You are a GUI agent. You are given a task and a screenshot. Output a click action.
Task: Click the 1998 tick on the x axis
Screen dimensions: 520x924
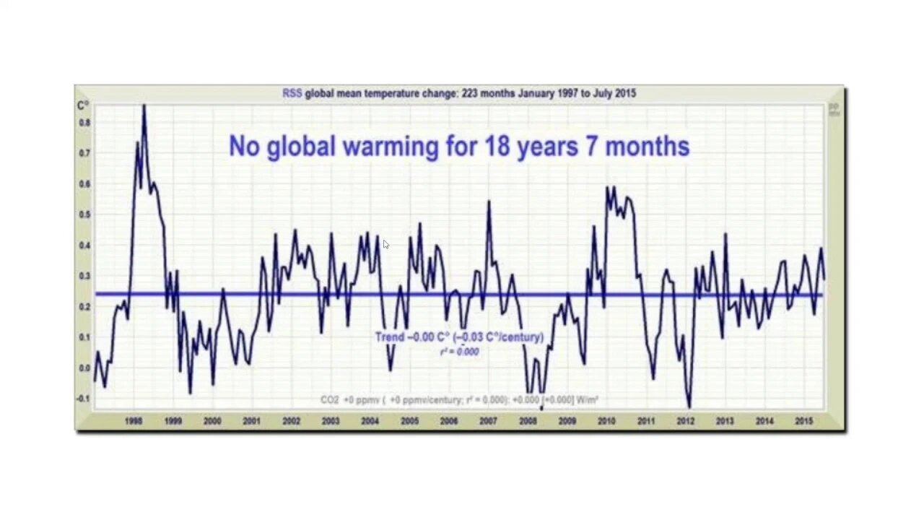click(134, 421)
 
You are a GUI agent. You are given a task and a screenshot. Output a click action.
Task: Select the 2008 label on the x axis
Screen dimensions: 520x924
click(528, 421)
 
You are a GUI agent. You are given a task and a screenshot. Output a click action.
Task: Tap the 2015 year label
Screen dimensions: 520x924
click(804, 421)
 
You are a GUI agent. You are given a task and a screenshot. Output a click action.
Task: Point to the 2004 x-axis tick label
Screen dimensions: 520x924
click(370, 421)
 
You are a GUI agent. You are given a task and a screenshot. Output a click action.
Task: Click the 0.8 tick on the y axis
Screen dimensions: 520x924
click(84, 123)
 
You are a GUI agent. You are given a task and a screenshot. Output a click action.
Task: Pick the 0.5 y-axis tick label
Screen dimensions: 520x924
click(84, 214)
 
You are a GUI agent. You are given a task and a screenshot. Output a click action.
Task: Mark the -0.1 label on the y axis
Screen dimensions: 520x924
click(84, 399)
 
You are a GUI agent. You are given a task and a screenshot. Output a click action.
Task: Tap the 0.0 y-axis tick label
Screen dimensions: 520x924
click(84, 368)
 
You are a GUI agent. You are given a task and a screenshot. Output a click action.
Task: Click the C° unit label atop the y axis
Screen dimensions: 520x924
click(83, 106)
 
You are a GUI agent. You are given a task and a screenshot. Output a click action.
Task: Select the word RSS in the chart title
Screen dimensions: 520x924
click(292, 93)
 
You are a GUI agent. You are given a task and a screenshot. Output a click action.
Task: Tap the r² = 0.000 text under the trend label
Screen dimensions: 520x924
click(459, 352)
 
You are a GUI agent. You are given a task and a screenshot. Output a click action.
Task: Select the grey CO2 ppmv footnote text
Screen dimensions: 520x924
click(459, 399)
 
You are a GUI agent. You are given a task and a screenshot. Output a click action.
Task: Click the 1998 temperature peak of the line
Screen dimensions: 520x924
click(144, 107)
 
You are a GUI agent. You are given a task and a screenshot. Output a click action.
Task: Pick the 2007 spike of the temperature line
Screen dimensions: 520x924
click(489, 201)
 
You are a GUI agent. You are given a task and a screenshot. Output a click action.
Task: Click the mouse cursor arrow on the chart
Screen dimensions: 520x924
click(385, 244)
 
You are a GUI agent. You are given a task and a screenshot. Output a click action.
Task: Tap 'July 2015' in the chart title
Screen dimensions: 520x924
click(612, 93)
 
